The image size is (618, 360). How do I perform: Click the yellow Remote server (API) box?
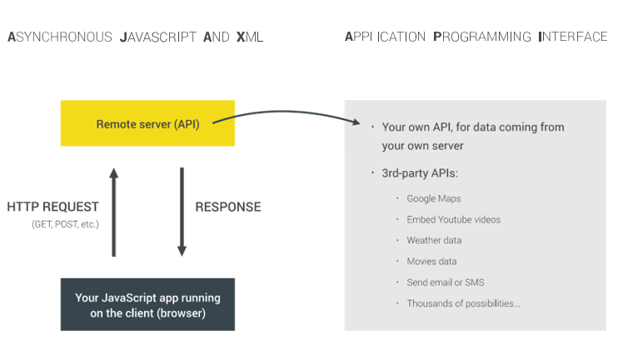[x=147, y=123]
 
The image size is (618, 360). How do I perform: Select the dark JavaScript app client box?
[x=147, y=305]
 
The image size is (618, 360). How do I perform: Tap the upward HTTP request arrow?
[x=114, y=212]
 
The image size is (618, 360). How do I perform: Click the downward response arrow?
[x=182, y=212]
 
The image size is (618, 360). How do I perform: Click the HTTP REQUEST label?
[x=52, y=207]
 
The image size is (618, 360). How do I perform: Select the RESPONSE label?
[x=227, y=207]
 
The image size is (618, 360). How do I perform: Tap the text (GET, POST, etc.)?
[x=65, y=224]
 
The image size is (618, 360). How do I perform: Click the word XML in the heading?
[x=250, y=37]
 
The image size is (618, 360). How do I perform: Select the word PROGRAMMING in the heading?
[x=482, y=37]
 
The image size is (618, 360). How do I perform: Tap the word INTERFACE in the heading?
[x=573, y=37]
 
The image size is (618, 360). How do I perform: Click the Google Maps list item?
[x=433, y=198]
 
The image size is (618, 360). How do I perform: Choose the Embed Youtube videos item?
[x=453, y=219]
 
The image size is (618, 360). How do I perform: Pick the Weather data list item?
[x=434, y=240]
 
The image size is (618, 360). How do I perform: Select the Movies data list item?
[x=431, y=261]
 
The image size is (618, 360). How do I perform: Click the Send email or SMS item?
[x=445, y=282]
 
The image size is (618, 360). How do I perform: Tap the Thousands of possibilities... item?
[x=463, y=302]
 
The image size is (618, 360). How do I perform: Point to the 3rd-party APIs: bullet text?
[x=420, y=173]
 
